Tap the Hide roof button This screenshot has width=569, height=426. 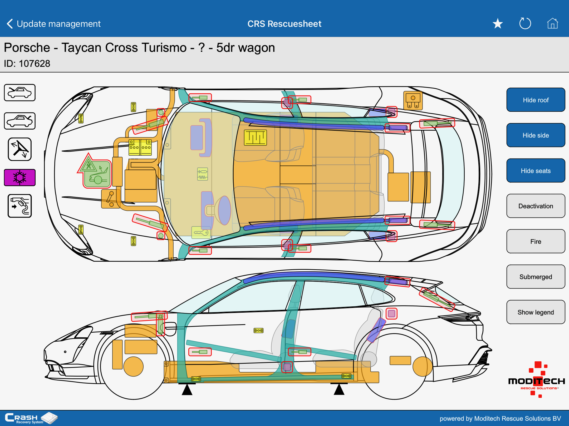coord(536,100)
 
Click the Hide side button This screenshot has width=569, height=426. coord(536,135)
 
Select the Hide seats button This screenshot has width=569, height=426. coord(536,171)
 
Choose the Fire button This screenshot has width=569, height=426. coord(536,241)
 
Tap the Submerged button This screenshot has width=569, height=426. coord(536,277)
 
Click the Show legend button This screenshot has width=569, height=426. coord(536,312)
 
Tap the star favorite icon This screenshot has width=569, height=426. coord(498,24)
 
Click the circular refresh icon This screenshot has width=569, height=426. coord(525,24)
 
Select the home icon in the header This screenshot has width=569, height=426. coord(552,24)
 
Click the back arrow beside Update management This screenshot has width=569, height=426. coord(10,24)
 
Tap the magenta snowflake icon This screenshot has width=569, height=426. coord(20,177)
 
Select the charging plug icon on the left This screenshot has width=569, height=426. coord(20,206)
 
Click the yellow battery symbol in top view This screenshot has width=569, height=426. coord(255,138)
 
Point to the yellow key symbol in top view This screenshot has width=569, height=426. coord(201,232)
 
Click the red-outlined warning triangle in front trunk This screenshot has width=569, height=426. coord(88,164)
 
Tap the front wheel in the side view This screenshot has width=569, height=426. coord(134,366)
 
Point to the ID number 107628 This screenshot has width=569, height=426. coord(35,64)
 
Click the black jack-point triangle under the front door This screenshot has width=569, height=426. coord(187,389)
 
